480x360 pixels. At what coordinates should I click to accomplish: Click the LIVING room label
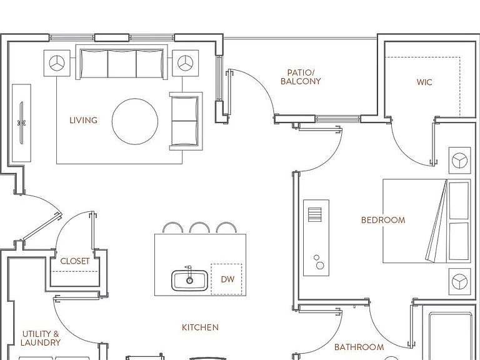pos(83,120)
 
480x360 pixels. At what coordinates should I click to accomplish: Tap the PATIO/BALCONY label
pos(301,77)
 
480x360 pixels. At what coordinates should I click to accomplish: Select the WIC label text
pos(424,82)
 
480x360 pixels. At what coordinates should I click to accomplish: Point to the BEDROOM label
pos(383,220)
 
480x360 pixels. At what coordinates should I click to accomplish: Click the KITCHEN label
pos(200,327)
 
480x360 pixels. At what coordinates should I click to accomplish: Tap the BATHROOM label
pos(359,347)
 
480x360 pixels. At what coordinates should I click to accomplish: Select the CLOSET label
pos(75,261)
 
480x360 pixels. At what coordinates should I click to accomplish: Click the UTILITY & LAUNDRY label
pos(41,338)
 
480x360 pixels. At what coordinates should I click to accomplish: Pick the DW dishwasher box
pos(226,279)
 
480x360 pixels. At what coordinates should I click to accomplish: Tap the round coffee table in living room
pos(135,121)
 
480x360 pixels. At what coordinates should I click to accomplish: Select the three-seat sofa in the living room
pos(122,62)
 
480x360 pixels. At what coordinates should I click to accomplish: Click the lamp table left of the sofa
pos(57,63)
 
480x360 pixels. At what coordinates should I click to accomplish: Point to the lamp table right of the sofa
pos(185,63)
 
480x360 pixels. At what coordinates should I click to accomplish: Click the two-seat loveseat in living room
pos(186,121)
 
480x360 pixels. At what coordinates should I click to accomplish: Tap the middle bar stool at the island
pos(199,227)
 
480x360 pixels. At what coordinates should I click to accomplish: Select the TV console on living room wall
pos(21,123)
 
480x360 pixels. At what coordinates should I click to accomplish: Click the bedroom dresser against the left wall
pos(316,238)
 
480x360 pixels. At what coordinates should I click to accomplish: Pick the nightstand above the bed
pos(460,161)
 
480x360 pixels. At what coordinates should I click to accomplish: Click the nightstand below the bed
pos(460,282)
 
